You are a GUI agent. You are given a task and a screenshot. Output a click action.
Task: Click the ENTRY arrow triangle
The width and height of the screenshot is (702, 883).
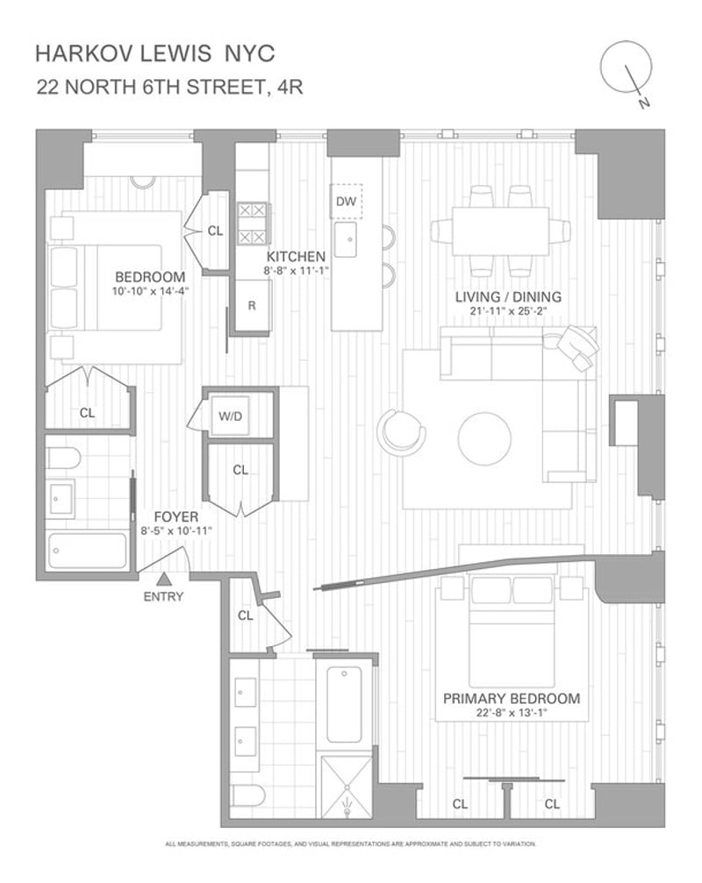[x=163, y=579]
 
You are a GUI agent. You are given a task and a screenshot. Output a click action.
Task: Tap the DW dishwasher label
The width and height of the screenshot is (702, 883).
[x=346, y=201]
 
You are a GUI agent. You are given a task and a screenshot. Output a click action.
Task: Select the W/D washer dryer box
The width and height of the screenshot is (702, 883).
[x=230, y=416]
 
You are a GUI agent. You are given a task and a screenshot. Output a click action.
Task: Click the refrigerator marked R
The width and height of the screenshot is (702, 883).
[x=253, y=305]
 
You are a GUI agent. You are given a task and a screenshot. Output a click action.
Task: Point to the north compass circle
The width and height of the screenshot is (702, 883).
[x=626, y=66]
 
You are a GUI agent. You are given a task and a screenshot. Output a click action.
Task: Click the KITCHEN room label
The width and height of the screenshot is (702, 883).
[x=296, y=257]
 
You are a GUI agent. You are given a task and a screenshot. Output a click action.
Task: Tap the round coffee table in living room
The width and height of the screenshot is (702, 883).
[x=484, y=438]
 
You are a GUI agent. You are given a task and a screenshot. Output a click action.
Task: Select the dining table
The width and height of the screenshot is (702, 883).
[x=500, y=231]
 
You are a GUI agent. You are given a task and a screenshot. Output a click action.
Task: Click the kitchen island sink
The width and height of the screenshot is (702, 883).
[x=346, y=239]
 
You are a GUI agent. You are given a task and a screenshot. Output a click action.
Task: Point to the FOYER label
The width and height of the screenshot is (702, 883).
[x=176, y=517]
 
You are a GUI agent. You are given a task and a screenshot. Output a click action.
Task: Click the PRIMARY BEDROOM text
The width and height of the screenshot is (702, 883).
[x=512, y=699]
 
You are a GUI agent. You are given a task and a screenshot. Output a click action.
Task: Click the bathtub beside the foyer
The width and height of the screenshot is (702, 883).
[x=88, y=550]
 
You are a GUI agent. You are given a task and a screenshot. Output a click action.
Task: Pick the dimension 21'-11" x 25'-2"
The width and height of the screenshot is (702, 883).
[x=509, y=311]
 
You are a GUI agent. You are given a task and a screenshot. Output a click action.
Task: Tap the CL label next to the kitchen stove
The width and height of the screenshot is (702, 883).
[x=215, y=231]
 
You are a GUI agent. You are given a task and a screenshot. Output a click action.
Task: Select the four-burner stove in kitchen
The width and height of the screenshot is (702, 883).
[x=251, y=224]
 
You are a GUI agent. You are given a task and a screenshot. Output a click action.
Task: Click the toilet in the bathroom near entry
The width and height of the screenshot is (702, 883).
[x=63, y=458]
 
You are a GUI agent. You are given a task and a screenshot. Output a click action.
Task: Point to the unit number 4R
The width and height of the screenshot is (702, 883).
[x=286, y=88]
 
